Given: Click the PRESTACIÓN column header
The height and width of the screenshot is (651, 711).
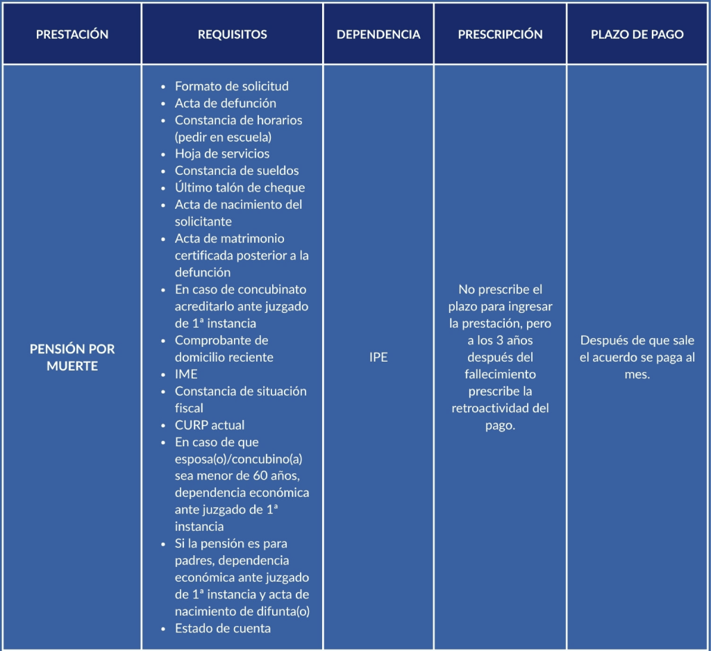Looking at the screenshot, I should tap(72, 35).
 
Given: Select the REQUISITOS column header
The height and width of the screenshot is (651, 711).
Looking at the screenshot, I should tap(232, 35).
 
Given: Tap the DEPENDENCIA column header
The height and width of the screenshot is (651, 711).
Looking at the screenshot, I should tap(378, 35).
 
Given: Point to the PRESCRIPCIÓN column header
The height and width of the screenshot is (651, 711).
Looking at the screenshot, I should tap(500, 35).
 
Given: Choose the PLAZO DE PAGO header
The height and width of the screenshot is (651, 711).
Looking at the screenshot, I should tap(637, 35).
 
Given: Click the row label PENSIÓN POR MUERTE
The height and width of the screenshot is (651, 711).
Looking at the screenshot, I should tap(72, 357).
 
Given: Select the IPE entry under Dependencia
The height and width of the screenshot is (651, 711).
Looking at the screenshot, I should tap(378, 357).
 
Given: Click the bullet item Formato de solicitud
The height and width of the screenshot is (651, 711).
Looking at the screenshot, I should tap(231, 86).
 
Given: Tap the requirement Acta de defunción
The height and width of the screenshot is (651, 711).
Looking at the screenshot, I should tap(225, 103).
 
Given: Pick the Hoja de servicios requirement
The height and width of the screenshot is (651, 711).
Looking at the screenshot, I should tap(221, 154).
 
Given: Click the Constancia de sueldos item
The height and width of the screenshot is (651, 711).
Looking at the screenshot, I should tap(237, 171).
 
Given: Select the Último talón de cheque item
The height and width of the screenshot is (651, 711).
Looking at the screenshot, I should tap(240, 187).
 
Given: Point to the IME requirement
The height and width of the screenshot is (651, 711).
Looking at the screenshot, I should tap(186, 374).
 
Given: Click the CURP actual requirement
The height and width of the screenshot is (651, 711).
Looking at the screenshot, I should tap(209, 425).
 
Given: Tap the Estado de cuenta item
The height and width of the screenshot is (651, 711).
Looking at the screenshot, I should tap(222, 628).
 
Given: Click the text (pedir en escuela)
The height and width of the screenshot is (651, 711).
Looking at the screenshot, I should tap(223, 137).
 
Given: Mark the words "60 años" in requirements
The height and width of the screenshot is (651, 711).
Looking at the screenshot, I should tap(275, 475).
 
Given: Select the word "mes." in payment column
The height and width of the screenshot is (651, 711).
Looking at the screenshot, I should tap(637, 374).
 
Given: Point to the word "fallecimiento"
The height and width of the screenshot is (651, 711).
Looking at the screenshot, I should tap(500, 374).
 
